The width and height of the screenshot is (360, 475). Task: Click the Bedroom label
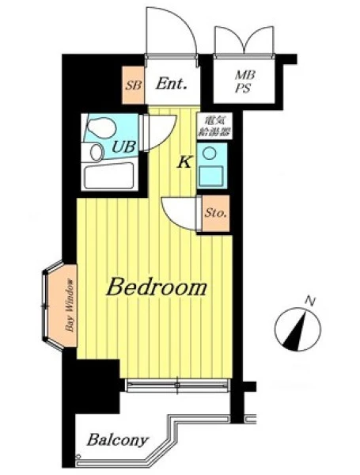click(157, 287)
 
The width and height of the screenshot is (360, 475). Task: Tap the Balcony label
click(118, 440)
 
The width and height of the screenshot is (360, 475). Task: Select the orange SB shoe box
click(133, 85)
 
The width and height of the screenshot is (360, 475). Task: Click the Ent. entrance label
click(171, 84)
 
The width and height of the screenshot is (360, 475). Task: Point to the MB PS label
click(244, 82)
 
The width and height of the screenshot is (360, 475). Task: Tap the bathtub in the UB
click(109, 177)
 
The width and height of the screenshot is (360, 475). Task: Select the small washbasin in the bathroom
click(97, 152)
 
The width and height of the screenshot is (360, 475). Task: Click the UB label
click(123, 147)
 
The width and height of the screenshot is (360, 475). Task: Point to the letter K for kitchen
click(184, 163)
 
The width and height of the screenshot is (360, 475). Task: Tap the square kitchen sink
click(210, 176)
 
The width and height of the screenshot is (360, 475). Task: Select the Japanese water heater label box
click(214, 126)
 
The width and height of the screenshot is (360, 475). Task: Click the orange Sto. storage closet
click(216, 213)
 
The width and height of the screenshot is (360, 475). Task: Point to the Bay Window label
click(70, 306)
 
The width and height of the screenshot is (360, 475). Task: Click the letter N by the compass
click(309, 301)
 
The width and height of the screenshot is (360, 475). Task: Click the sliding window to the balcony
click(177, 386)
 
